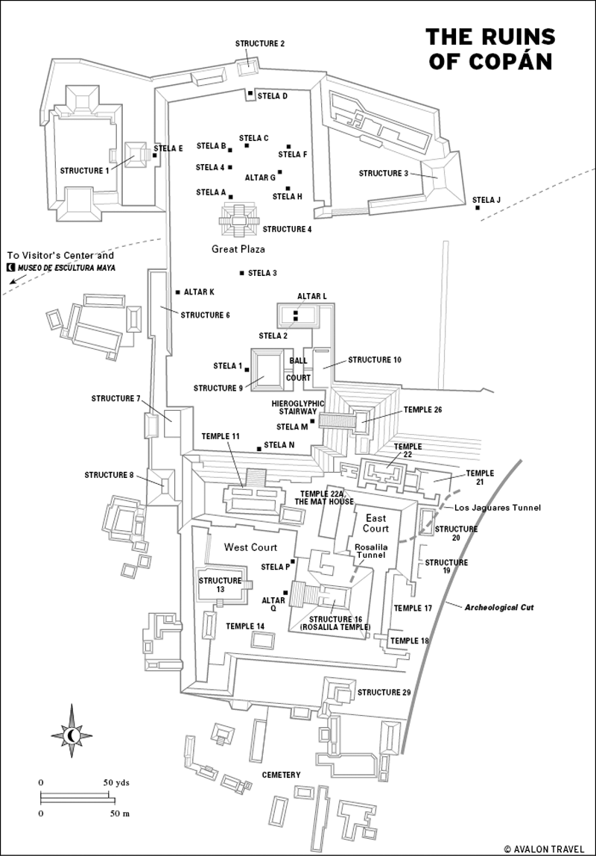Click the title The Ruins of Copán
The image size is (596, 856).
(x=490, y=49)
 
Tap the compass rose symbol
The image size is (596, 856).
(x=71, y=734)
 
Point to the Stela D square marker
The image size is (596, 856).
(x=250, y=94)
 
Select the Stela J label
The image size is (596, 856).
(x=486, y=201)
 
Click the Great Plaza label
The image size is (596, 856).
(x=238, y=250)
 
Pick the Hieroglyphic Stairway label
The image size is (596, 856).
(x=298, y=407)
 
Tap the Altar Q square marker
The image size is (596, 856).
(x=285, y=592)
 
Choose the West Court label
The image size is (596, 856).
(x=251, y=547)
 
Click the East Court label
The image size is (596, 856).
(x=376, y=523)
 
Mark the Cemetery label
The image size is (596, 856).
(x=282, y=775)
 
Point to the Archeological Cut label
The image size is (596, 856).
(x=499, y=607)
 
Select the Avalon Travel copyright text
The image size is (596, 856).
(x=545, y=849)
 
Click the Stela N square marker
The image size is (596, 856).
(x=259, y=449)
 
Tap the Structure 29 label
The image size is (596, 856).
(x=384, y=693)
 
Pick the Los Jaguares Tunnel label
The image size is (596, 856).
(x=498, y=508)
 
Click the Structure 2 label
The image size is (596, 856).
(x=260, y=44)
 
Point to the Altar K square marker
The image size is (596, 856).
(x=178, y=292)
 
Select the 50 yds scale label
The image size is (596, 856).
(x=116, y=782)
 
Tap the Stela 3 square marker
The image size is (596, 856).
(x=241, y=273)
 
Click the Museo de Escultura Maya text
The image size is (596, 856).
(x=67, y=268)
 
